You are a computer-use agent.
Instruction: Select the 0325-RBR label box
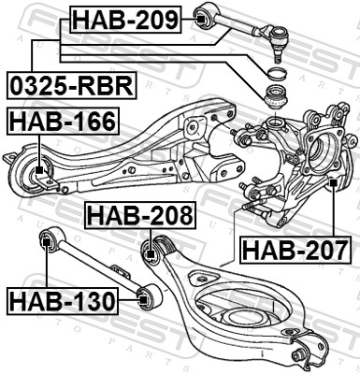[70, 85]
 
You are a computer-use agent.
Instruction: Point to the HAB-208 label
[140, 215]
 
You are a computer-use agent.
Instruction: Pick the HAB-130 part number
[62, 301]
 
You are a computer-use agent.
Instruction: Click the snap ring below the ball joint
[278, 74]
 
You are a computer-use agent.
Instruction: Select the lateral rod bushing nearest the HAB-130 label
[145, 299]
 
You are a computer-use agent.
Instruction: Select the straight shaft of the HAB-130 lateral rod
[94, 271]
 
